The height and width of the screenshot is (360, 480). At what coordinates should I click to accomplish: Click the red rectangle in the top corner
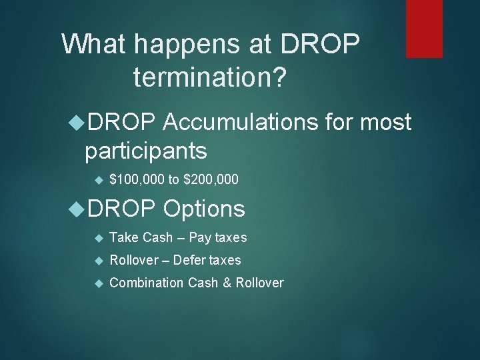point(424,28)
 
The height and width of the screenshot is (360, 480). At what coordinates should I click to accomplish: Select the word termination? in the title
point(210,77)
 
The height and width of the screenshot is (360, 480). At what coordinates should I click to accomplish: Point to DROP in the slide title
point(320,45)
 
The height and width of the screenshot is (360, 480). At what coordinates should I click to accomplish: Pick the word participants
point(145,151)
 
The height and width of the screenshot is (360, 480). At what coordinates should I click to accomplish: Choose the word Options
point(204,209)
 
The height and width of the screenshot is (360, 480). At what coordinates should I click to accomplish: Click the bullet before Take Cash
point(97,238)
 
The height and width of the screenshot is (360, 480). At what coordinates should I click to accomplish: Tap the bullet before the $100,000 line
point(97,181)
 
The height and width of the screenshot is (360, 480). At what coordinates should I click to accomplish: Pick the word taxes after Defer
point(225,260)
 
